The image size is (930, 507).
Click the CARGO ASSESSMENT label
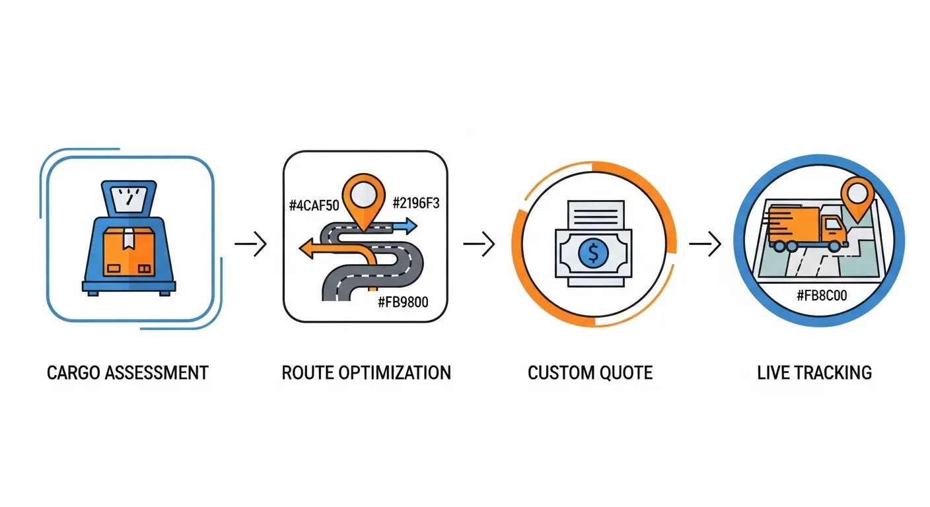[127, 372]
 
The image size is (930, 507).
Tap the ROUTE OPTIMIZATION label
[366, 372]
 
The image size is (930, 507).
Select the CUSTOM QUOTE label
[590, 372]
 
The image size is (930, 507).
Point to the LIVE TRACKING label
[814, 372]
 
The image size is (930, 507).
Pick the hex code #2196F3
[415, 203]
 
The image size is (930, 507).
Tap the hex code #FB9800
[403, 303]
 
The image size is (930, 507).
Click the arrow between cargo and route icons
[251, 245]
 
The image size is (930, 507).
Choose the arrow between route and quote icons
[479, 245]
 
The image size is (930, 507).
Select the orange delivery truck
[810, 227]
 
